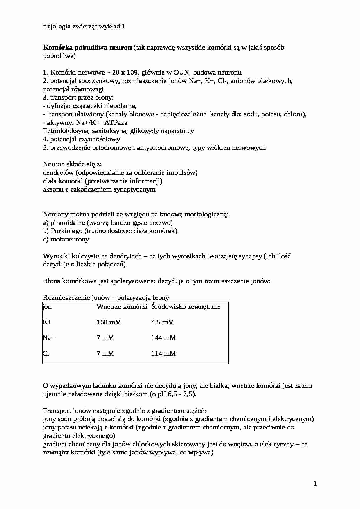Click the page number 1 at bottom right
(x=315, y=484)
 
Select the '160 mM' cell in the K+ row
(x=109, y=322)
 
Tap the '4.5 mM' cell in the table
(x=162, y=322)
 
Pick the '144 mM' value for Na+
(x=163, y=337)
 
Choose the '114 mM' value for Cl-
(x=163, y=353)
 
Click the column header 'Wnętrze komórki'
(x=122, y=306)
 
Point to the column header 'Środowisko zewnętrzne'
(x=186, y=306)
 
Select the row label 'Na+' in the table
(x=48, y=337)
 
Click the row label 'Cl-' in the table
(x=47, y=353)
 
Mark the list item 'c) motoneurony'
(x=66, y=239)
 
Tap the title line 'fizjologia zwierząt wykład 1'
(x=84, y=26)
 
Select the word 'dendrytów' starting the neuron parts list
(x=58, y=173)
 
